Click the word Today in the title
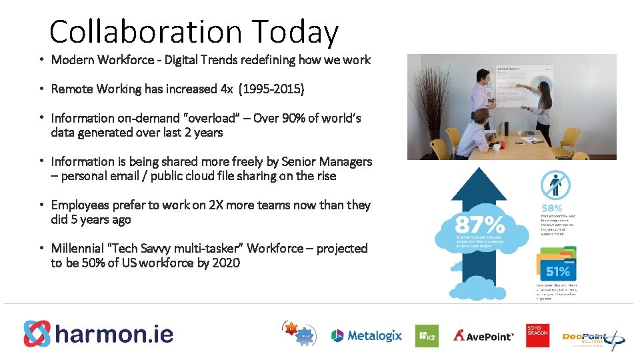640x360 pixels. tap(295, 32)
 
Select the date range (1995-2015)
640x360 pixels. tap(271, 89)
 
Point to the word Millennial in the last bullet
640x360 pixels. tap(81, 248)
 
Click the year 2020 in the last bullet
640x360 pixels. tap(226, 263)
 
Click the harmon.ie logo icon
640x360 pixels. tap(37, 334)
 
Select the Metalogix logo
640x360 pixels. tap(367, 335)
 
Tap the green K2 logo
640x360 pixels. tap(427, 335)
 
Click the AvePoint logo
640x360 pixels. tap(484, 335)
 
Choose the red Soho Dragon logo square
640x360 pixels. tap(537, 335)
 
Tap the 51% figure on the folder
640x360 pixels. tap(557, 271)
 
